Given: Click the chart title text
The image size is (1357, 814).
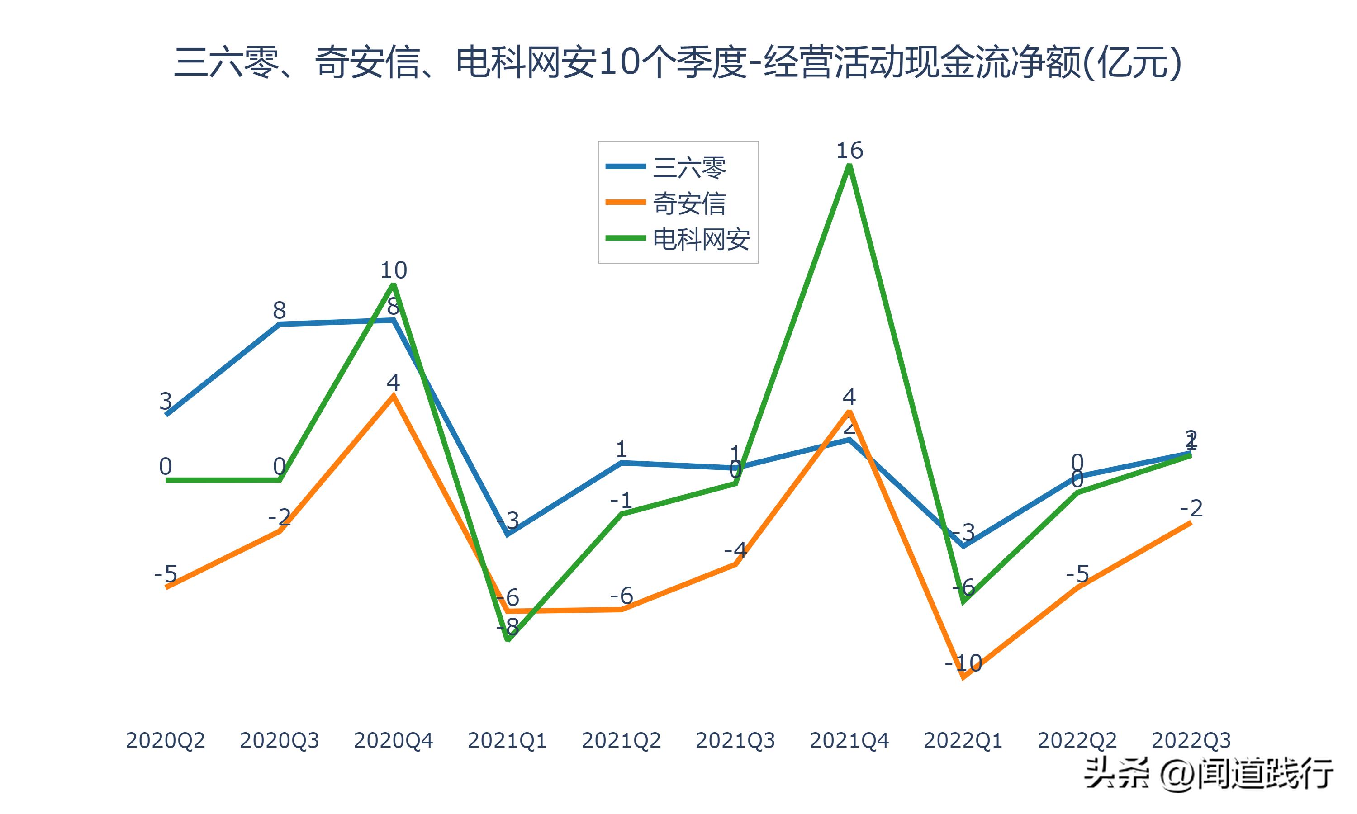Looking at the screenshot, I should pyautogui.click(x=678, y=62).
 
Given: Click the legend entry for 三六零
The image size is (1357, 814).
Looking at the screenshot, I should pyautogui.click(x=689, y=167).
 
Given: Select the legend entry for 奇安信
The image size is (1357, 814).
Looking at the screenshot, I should pyautogui.click(x=689, y=203).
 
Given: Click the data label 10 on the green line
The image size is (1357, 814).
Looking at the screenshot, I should pyautogui.click(x=393, y=270).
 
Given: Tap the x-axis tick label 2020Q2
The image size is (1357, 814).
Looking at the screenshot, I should pyautogui.click(x=165, y=740).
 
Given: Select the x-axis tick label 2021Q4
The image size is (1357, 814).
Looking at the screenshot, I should pyautogui.click(x=849, y=740).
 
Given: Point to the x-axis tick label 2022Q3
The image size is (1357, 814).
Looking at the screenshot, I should pyautogui.click(x=1191, y=740).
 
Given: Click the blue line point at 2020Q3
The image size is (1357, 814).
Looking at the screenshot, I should pyautogui.click(x=280, y=324).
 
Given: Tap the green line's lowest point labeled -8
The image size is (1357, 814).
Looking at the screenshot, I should pyautogui.click(x=508, y=639).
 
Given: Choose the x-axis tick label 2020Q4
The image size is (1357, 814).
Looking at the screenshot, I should pyautogui.click(x=393, y=740).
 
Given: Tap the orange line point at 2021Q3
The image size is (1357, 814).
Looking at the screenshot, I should pyautogui.click(x=735, y=563).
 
